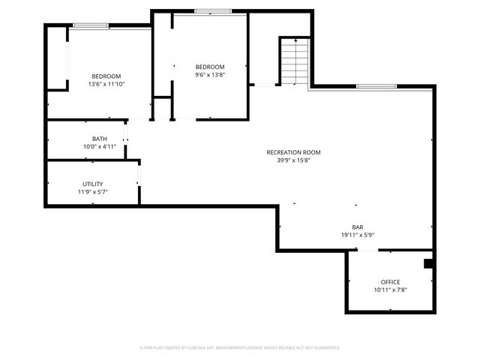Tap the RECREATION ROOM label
pyautogui.click(x=288, y=152)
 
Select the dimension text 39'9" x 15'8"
pyautogui.click(x=288, y=160)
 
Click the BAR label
pyautogui.click(x=358, y=227)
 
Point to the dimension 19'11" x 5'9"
pyautogui.click(x=358, y=235)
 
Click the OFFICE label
pyautogui.click(x=390, y=282)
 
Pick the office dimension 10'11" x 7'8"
pyautogui.click(x=390, y=289)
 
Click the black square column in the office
pyautogui.click(x=428, y=263)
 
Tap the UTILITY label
pyautogui.click(x=93, y=184)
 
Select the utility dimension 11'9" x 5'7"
pyautogui.click(x=93, y=191)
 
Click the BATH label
pyautogui.click(x=99, y=139)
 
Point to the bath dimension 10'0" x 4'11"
pyautogui.click(x=99, y=147)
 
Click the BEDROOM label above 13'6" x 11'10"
pyautogui.click(x=106, y=76)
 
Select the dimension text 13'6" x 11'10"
pyautogui.click(x=106, y=84)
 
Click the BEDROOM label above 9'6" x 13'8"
pyautogui.click(x=210, y=67)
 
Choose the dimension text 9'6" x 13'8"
pyautogui.click(x=210, y=74)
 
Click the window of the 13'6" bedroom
pyautogui.click(x=91, y=26)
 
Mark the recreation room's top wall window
pyautogui.click(x=376, y=86)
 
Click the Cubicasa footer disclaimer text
pyautogui.click(x=240, y=347)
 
